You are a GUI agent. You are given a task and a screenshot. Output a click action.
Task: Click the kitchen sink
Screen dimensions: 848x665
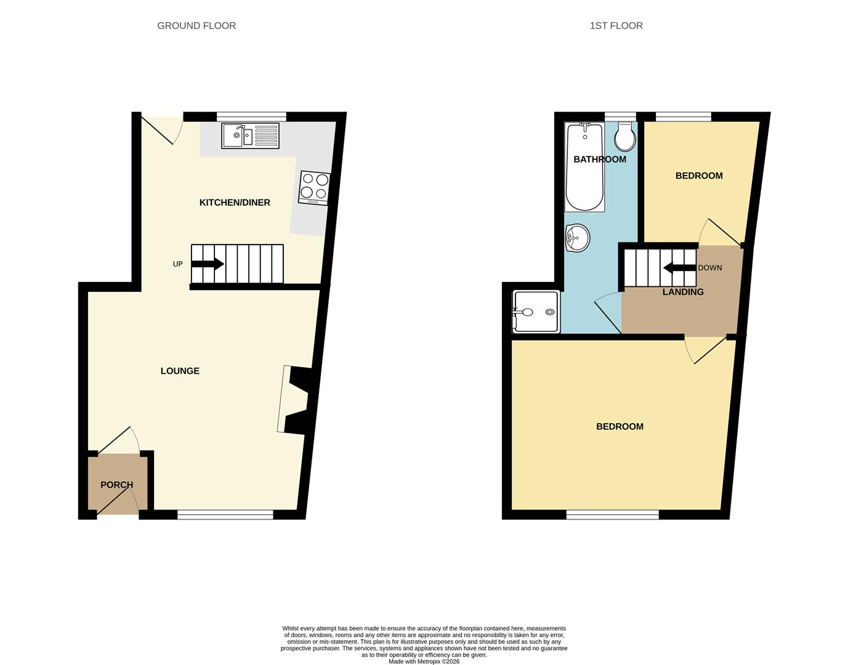pyautogui.click(x=250, y=135)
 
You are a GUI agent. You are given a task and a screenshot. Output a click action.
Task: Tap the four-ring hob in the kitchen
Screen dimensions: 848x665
pyautogui.click(x=315, y=188)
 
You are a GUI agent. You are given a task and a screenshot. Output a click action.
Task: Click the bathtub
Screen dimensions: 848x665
pyautogui.click(x=584, y=167)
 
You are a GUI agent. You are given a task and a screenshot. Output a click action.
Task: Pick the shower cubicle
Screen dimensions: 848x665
pyautogui.click(x=536, y=312)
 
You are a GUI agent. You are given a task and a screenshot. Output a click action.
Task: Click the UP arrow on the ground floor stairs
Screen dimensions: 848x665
pyautogui.click(x=207, y=264)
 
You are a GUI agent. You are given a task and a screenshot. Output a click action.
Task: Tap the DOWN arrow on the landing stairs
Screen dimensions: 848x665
pyautogui.click(x=680, y=268)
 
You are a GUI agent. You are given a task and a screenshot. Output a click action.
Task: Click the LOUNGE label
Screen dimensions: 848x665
pyautogui.click(x=180, y=371)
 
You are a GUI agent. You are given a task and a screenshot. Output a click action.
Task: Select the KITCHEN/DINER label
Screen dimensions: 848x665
pyautogui.click(x=235, y=203)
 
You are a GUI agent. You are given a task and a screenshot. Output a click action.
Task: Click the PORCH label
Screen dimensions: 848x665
pyautogui.click(x=116, y=485)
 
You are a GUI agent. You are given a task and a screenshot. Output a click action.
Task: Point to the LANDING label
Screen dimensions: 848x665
pyautogui.click(x=683, y=292)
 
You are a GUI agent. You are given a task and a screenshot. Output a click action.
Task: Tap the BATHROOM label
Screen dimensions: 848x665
pyautogui.click(x=600, y=159)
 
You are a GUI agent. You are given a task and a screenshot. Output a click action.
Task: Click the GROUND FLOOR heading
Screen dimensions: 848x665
pyautogui.click(x=196, y=26)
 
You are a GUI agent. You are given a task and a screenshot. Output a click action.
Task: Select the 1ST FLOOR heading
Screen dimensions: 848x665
pyautogui.click(x=616, y=26)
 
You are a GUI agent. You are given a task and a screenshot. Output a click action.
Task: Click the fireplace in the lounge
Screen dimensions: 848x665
pyautogui.click(x=294, y=400)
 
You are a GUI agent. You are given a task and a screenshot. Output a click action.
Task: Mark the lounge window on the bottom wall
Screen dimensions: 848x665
pyautogui.click(x=225, y=515)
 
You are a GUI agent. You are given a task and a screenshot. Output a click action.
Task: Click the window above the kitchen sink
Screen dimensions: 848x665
pyautogui.click(x=252, y=116)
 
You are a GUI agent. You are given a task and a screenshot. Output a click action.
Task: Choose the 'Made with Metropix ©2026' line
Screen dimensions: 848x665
pyautogui.click(x=424, y=661)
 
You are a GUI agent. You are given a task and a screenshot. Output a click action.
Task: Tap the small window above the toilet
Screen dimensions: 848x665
pyautogui.click(x=621, y=116)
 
